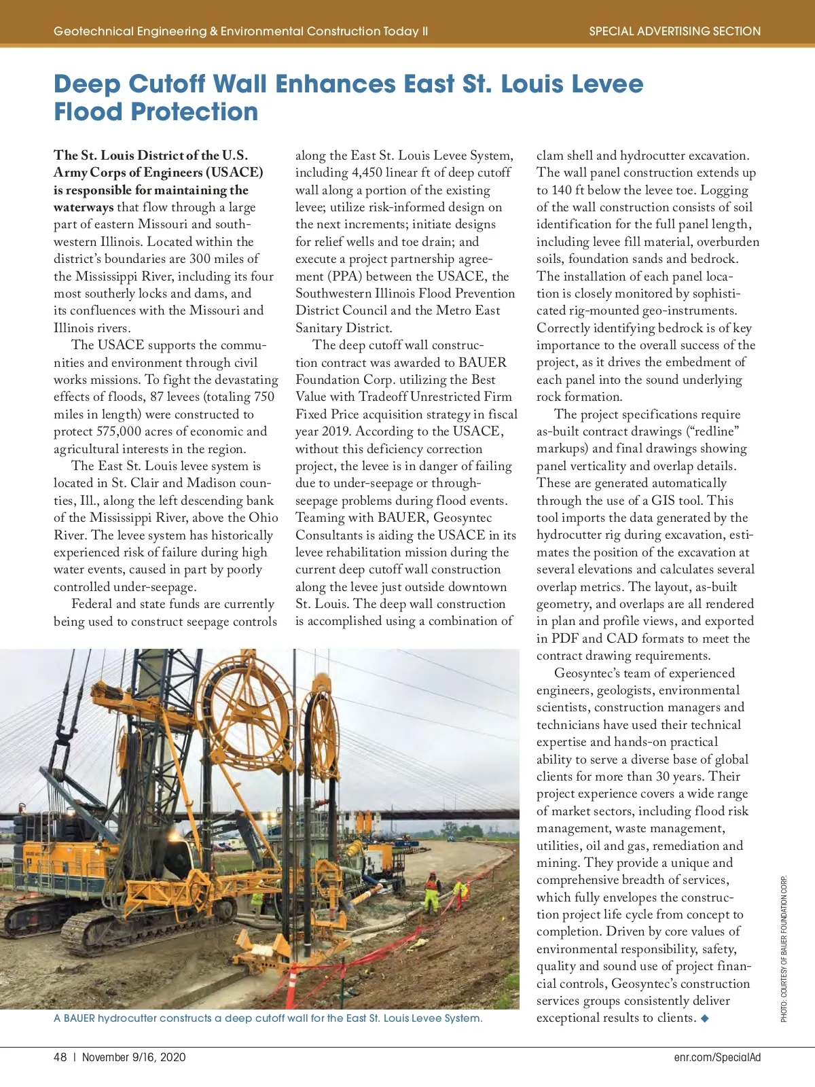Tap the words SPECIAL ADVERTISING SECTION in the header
674,31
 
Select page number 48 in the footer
60,1057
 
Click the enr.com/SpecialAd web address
717,1057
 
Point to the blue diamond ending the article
705,1018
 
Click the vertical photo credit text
784,948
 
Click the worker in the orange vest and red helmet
431,893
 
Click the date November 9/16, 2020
134,1057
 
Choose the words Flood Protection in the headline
156,112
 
